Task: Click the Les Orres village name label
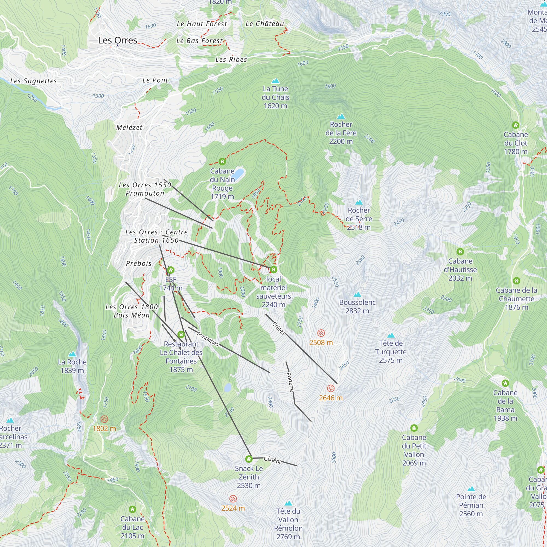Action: (118, 40)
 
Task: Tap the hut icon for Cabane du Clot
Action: (516, 125)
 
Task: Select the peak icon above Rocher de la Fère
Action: (341, 116)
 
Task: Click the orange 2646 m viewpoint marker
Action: (331, 388)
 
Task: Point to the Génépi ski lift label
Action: (272, 460)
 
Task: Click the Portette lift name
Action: (290, 382)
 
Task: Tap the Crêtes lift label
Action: (279, 328)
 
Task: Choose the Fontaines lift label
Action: (208, 339)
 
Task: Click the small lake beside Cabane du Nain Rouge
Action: (239, 172)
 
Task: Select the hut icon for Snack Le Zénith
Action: (249, 459)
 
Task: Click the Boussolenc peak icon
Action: (357, 295)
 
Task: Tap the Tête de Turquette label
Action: (391, 352)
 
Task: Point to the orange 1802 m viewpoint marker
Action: (104, 419)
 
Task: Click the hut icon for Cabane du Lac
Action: (132, 510)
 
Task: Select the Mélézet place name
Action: (129, 127)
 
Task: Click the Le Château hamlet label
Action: (265, 24)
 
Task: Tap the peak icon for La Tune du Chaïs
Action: (275, 81)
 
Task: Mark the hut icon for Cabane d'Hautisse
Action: (460, 251)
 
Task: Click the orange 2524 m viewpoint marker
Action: (233, 499)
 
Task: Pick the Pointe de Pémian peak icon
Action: (471, 489)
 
